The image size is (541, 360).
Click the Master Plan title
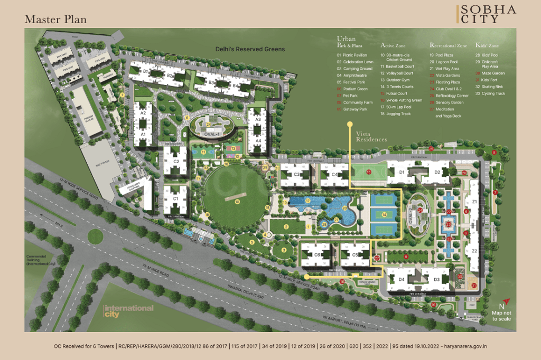[x=55, y=19]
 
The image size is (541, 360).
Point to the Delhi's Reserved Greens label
[x=250, y=49]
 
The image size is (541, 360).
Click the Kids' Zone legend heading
[x=488, y=46]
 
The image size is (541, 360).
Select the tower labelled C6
[x=318, y=255]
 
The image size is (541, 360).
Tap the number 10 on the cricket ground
[x=238, y=201]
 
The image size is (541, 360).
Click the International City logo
[x=128, y=311]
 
